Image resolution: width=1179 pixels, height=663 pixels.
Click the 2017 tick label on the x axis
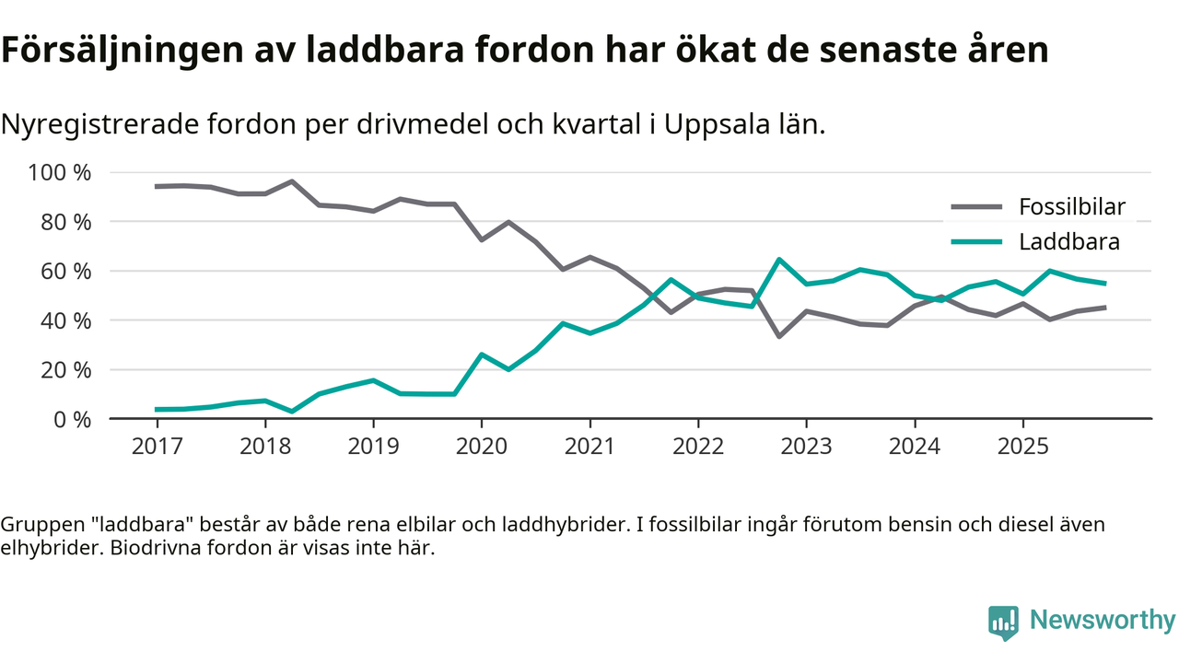pyautogui.click(x=157, y=446)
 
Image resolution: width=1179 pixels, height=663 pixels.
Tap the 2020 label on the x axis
pyautogui.click(x=482, y=446)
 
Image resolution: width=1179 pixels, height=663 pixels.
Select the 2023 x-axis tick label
pyautogui.click(x=806, y=446)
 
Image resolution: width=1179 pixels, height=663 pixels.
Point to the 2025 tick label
pyautogui.click(x=1022, y=446)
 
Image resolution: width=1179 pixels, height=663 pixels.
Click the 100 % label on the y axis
pyautogui.click(x=61, y=173)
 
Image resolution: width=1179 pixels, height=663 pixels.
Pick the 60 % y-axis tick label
pyautogui.click(x=66, y=272)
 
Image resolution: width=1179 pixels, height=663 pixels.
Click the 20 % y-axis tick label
pyautogui.click(x=66, y=370)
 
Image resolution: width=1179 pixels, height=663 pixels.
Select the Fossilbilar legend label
pyautogui.click(x=1072, y=206)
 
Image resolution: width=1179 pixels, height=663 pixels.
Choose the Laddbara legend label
pyautogui.click(x=1069, y=242)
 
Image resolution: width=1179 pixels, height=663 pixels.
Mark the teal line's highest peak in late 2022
pyautogui.click(x=779, y=260)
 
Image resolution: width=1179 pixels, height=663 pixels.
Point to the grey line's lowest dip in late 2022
pyautogui.click(x=779, y=336)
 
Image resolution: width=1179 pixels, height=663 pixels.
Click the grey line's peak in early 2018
pyautogui.click(x=292, y=181)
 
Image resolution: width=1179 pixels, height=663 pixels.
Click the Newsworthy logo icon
pyautogui.click(x=1003, y=622)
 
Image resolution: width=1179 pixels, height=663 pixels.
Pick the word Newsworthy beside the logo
pyautogui.click(x=1102, y=621)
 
